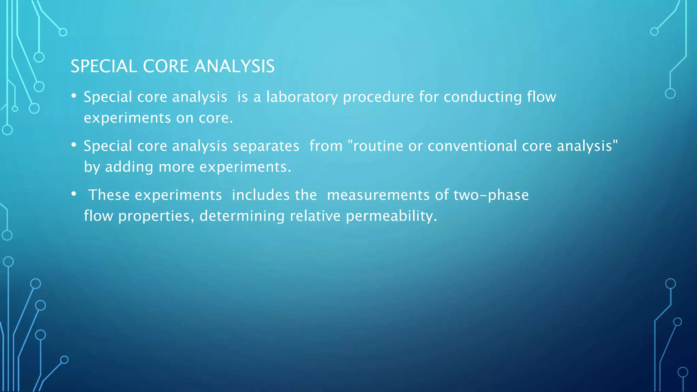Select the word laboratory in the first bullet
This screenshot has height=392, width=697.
pos(302,97)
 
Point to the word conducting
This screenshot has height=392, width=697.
pos(483,97)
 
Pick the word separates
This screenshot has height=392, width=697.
pos(266,146)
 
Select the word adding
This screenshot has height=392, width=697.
pos(129,167)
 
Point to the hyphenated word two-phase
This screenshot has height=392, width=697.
pos(491,195)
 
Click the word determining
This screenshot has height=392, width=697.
pos(242,216)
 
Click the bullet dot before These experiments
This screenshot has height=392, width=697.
pos(74,194)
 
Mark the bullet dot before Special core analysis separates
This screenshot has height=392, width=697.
pos(74,145)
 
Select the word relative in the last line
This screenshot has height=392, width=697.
pos(315,216)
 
